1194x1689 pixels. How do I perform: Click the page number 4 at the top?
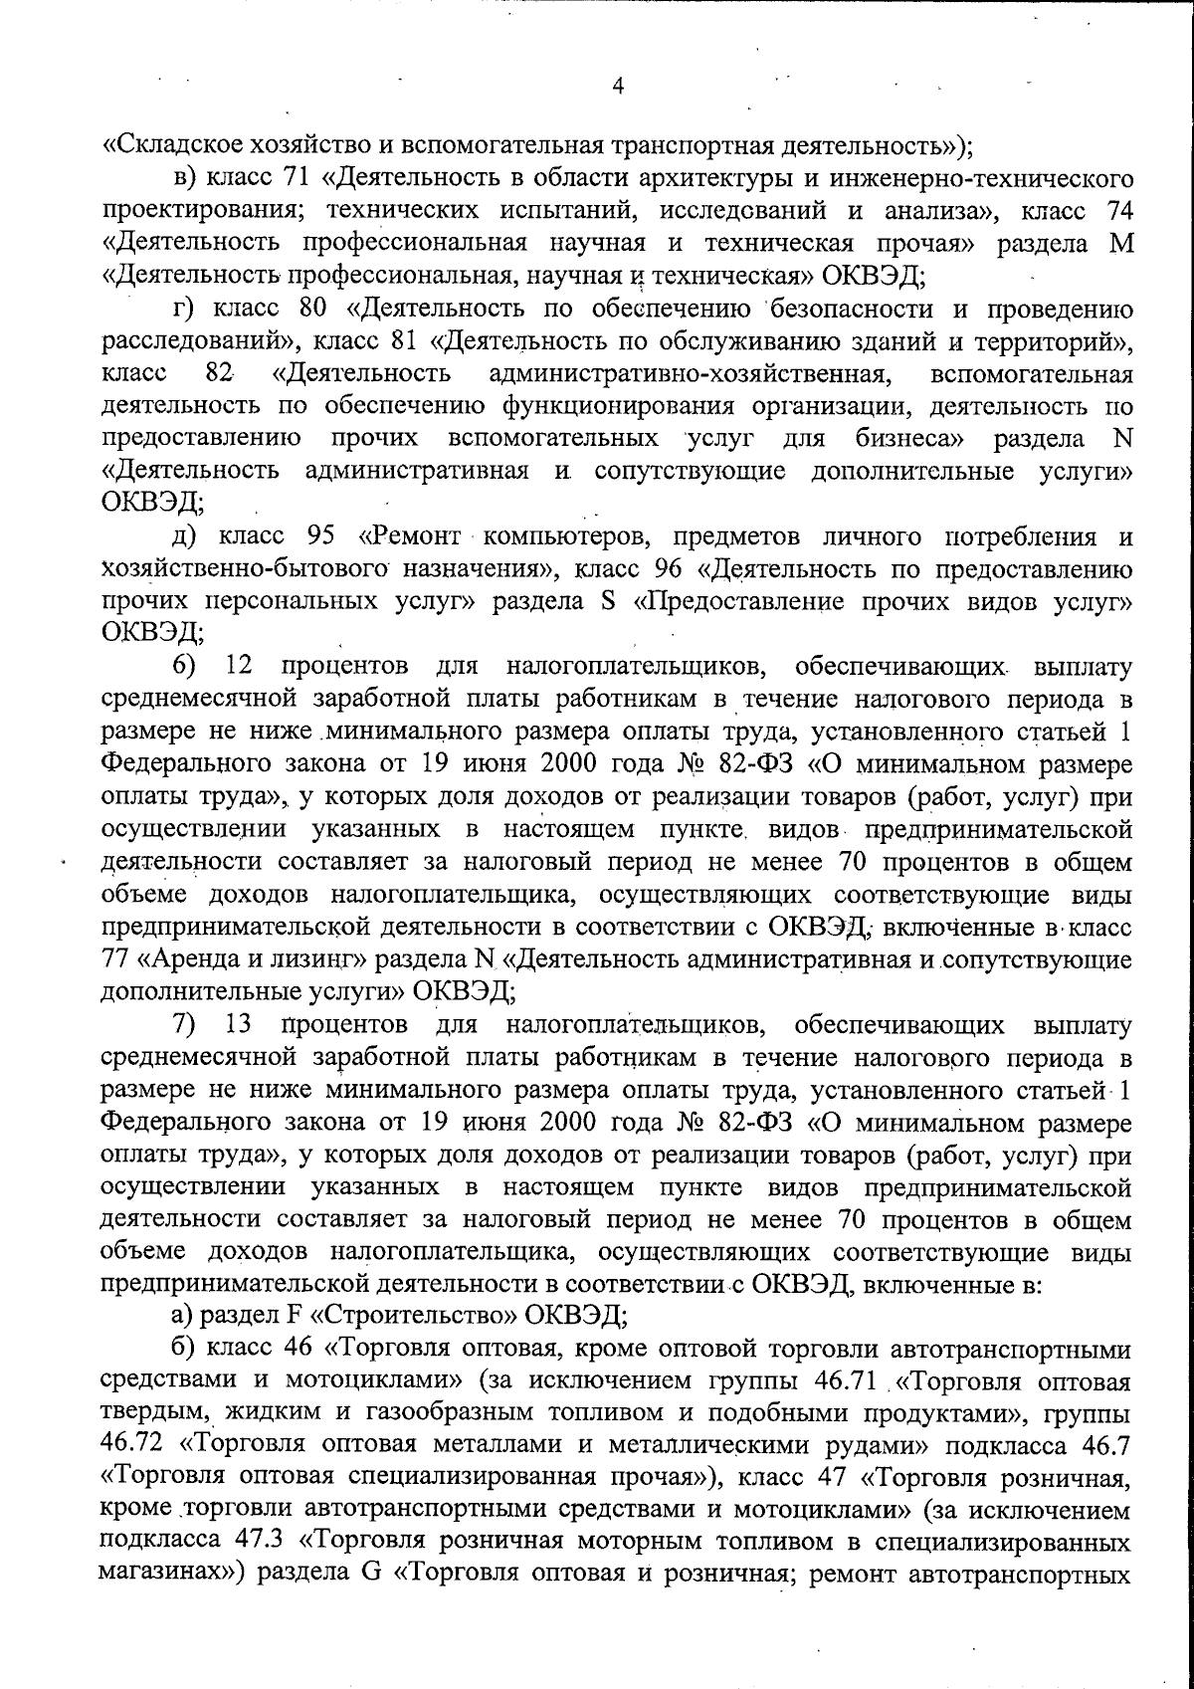(x=618, y=87)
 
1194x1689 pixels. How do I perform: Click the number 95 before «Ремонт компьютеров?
(x=320, y=537)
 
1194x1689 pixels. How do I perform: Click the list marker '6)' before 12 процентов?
(x=184, y=664)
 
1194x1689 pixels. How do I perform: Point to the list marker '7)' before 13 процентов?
(x=184, y=1024)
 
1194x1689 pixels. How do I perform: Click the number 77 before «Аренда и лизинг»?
(x=116, y=960)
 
